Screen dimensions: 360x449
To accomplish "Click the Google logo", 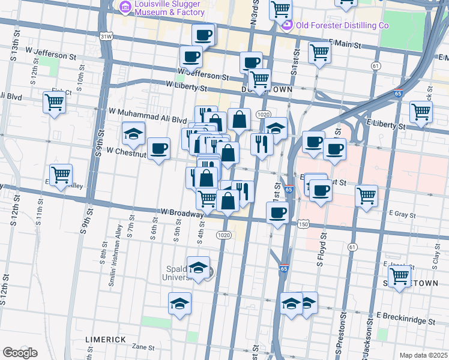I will click(19, 353).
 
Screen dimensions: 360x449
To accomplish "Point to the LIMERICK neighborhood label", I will click(105, 340).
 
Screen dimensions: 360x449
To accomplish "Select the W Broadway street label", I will click(182, 213).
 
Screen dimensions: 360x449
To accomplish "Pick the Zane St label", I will click(143, 347).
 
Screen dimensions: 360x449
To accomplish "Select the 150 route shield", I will click(303, 224).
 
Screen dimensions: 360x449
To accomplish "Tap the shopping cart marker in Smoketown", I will click(399, 276).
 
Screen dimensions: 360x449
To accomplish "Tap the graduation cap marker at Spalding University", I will click(198, 268).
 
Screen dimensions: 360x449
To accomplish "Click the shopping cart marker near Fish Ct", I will click(54, 102).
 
